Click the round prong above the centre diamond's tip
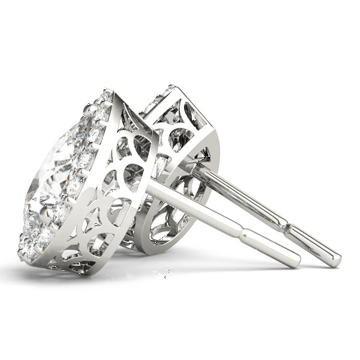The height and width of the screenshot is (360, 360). [x=90, y=110]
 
